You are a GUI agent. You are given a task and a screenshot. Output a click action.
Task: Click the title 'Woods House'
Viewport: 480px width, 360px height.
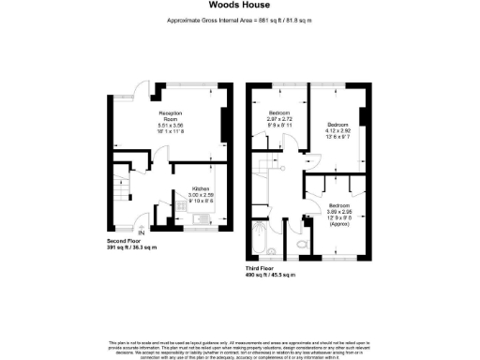point(240,6)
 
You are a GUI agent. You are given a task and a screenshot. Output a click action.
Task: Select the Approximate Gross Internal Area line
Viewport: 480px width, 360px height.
point(240,20)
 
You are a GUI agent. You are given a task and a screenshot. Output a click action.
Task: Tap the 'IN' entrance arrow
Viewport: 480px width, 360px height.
point(142,232)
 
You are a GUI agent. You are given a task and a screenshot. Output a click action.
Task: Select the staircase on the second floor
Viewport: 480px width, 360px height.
point(120,188)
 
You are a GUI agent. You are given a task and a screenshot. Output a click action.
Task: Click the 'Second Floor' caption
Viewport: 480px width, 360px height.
point(126,241)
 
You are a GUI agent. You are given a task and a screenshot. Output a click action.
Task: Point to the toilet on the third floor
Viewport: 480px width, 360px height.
point(298,245)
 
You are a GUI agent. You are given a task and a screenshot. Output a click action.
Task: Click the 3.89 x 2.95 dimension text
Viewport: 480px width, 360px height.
point(339,212)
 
